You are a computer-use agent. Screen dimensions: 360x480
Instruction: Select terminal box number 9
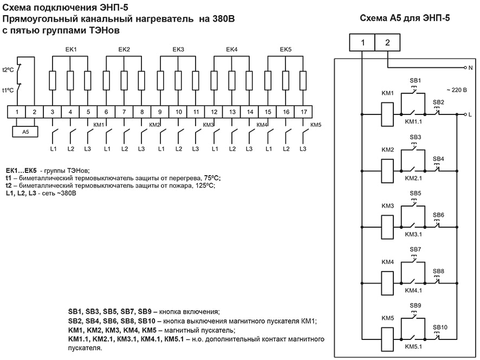pos(160,112)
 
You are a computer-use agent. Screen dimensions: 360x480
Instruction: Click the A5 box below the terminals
pos(25,132)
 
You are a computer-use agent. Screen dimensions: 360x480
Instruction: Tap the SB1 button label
pos(416,81)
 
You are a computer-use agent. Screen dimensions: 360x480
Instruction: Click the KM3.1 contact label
pos(414,235)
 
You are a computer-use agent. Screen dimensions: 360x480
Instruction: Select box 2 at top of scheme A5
pos(387,42)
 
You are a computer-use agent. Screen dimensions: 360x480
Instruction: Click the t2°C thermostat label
pos(8,70)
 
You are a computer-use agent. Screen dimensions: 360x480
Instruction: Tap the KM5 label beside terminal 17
pos(316,125)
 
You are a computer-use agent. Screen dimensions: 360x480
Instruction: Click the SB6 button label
pos(438,215)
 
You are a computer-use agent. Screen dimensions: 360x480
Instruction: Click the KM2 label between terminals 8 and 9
pos(154,125)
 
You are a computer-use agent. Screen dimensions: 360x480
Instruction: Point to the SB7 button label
pos(416,249)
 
